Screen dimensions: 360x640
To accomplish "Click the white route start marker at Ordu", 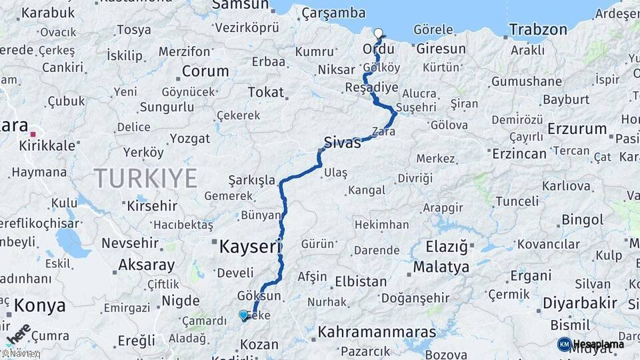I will tap(379, 33).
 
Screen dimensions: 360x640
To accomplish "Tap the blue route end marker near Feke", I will tap(243, 315).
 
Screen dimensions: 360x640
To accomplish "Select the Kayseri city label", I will tap(248, 247).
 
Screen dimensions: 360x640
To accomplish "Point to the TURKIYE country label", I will tap(145, 179).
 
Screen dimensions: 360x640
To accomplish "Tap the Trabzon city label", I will tap(538, 29).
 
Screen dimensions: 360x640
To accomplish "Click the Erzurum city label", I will tap(577, 129).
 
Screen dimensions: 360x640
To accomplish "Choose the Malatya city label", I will tap(441, 267).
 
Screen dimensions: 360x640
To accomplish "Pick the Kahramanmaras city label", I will tap(377, 331).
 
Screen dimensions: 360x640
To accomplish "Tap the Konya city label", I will tap(40, 306).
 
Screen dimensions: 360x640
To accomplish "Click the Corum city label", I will tap(205, 71).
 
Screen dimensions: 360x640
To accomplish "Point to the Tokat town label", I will tap(265, 93).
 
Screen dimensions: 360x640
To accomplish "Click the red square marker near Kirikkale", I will tap(33, 134).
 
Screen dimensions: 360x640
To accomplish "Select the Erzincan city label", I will tap(519, 153).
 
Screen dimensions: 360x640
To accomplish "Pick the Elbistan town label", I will tap(361, 281).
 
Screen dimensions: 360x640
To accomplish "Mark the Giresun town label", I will tap(441, 49).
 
